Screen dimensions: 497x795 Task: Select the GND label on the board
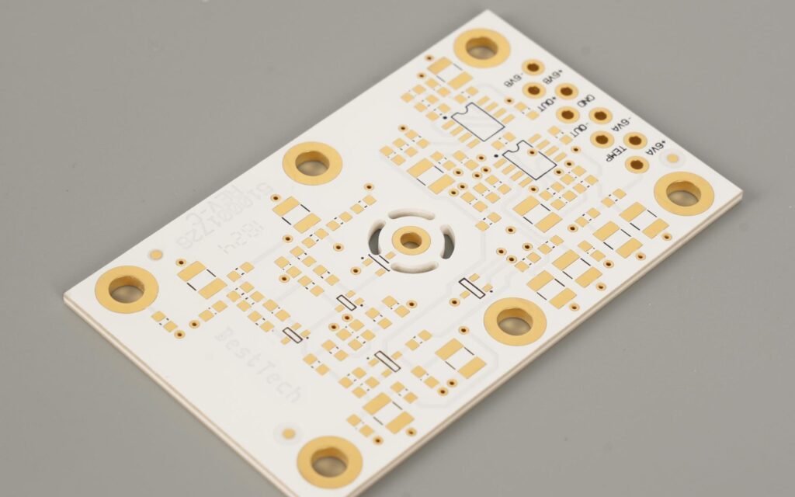585,102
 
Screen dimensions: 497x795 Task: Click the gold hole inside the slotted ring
408,241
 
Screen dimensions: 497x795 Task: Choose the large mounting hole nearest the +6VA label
683,193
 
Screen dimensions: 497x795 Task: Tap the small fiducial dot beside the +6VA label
672,158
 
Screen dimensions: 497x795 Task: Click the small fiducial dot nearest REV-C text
156,255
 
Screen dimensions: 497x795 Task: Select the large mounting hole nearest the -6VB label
481,48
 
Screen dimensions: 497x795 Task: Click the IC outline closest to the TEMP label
529,161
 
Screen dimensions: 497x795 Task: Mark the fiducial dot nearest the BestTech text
289,433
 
